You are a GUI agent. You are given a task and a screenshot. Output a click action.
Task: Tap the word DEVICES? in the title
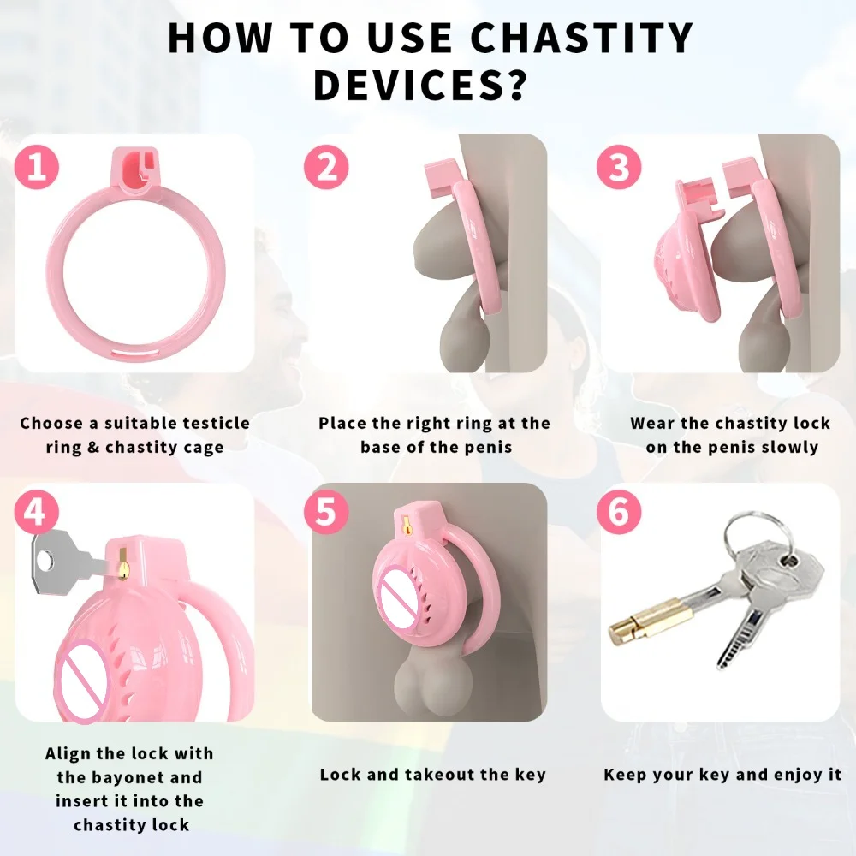point(419,86)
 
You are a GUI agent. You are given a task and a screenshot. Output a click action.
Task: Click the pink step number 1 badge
point(37,167)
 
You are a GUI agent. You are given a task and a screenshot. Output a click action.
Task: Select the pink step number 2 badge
point(326,167)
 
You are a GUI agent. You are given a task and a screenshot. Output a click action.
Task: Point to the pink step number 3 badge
point(619,167)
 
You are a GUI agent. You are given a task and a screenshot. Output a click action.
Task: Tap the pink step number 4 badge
point(37,514)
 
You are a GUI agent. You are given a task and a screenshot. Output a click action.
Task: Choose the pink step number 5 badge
point(326,514)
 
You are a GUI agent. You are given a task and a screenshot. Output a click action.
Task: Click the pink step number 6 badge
point(619,514)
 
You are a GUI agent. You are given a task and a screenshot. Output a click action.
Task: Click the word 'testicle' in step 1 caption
point(211,423)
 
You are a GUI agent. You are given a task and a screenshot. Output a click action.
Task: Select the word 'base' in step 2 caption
point(385,447)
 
